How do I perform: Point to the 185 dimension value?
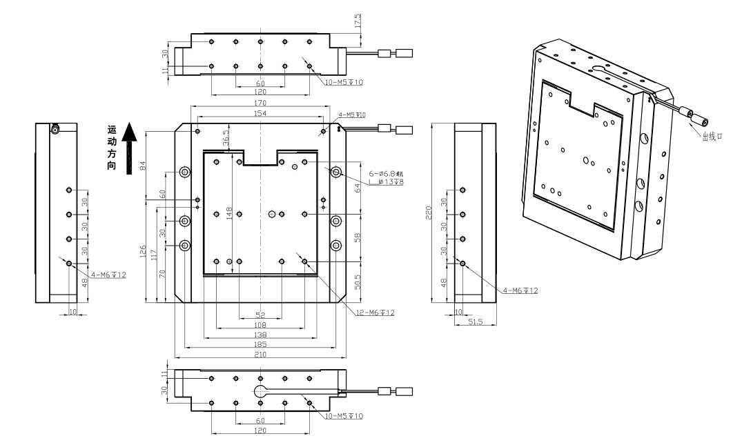click(x=260, y=344)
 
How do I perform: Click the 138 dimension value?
click(x=260, y=334)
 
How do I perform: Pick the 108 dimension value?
click(x=260, y=324)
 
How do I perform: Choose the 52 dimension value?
click(x=260, y=315)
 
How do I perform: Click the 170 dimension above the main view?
click(x=260, y=103)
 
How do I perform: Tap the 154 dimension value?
click(x=260, y=112)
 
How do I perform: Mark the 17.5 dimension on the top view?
click(x=358, y=23)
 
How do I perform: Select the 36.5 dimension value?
click(x=226, y=137)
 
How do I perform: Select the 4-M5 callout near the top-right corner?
click(x=352, y=115)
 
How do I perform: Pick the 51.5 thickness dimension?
click(x=476, y=322)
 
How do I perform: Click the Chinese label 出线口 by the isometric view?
click(x=712, y=137)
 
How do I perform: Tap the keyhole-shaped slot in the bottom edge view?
click(x=261, y=390)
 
